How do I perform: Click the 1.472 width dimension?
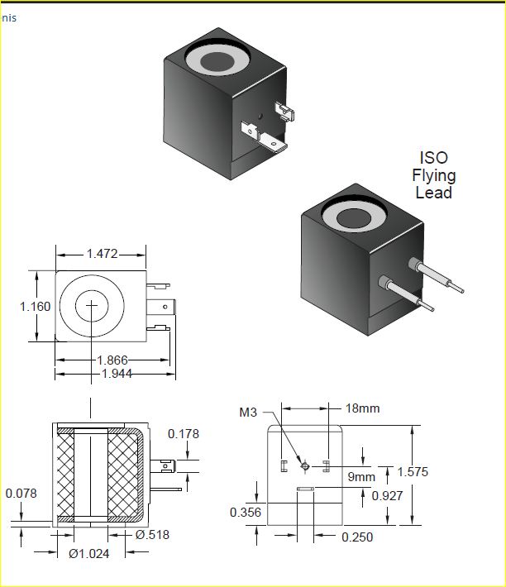tap(103, 254)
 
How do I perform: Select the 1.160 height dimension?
tap(36, 307)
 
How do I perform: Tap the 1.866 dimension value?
tap(112, 360)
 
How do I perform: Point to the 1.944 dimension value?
tap(117, 373)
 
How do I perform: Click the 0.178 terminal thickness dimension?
tap(184, 434)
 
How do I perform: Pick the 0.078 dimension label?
tap(21, 494)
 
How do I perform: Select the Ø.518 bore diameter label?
tap(152, 535)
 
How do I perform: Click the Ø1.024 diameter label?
tap(89, 553)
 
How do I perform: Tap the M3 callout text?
tap(248, 413)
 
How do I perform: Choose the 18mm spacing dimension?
tap(362, 408)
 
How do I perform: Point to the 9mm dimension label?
tap(361, 476)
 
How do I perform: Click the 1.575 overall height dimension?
tap(413, 472)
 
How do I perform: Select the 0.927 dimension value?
tap(388, 496)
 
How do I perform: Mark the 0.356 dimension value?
tap(246, 512)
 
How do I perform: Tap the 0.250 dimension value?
tap(357, 537)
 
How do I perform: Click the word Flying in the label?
tap(434, 175)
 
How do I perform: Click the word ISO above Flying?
tap(434, 158)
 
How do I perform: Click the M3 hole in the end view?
tap(305, 466)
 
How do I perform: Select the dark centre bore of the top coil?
tap(217, 62)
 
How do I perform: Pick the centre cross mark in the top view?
tap(92, 305)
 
